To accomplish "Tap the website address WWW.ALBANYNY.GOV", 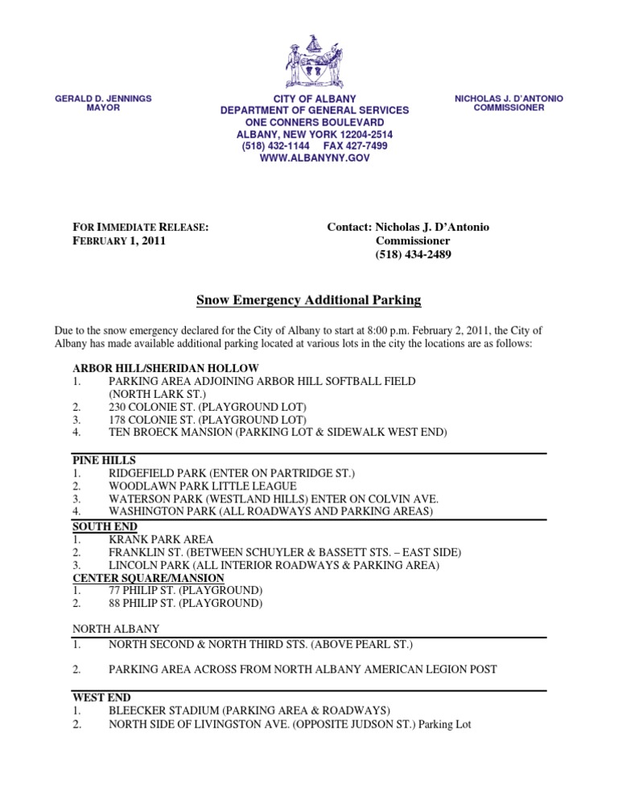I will [x=315, y=159].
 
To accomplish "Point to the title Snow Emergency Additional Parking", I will [x=309, y=300].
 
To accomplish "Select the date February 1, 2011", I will [x=120, y=241].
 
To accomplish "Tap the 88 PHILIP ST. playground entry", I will [x=186, y=604].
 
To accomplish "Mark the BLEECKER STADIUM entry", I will [x=249, y=711].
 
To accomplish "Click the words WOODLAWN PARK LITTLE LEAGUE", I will [x=203, y=486].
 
